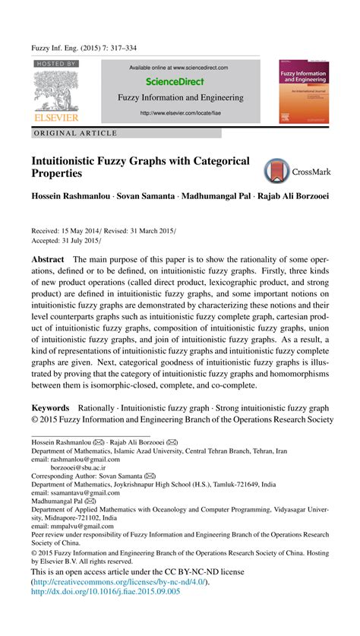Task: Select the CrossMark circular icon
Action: click(276, 170)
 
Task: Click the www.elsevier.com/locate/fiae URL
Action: click(179, 114)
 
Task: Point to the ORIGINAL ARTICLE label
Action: click(74, 133)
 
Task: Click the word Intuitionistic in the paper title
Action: click(73, 161)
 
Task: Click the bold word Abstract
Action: click(47, 258)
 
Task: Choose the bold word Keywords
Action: click(50, 408)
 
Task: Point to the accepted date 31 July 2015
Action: click(84, 240)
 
